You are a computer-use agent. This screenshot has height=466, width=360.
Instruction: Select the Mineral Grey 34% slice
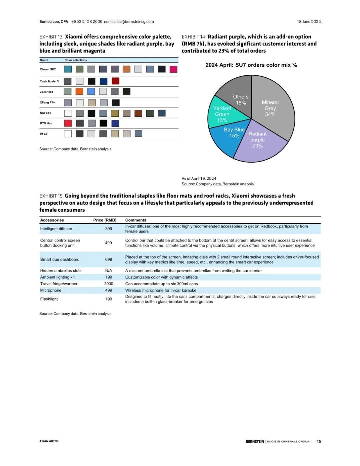(273, 107)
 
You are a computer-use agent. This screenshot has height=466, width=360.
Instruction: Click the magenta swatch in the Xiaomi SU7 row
(173, 69)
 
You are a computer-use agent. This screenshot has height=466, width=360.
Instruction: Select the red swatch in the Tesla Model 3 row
(115, 81)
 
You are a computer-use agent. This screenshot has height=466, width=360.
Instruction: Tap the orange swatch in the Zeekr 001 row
(79, 91)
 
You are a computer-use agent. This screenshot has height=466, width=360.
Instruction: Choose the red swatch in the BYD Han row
(68, 123)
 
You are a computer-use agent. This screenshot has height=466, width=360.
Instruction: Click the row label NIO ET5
(46, 113)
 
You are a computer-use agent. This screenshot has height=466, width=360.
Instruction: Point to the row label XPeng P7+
(47, 102)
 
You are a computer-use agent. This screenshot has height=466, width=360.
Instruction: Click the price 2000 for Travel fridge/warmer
(109, 284)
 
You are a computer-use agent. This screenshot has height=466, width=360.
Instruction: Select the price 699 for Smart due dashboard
(109, 260)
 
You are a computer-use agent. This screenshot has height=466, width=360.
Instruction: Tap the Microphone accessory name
(51, 291)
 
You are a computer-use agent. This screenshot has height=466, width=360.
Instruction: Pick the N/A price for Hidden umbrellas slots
(109, 271)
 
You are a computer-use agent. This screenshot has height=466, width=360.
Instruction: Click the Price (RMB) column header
(105, 220)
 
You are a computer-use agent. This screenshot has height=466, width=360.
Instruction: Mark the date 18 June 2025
(309, 22)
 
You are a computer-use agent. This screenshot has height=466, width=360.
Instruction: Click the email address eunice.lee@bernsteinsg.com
(129, 22)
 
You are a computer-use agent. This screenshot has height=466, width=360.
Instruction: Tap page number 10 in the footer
(319, 442)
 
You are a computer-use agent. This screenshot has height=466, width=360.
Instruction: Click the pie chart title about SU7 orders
(251, 65)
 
